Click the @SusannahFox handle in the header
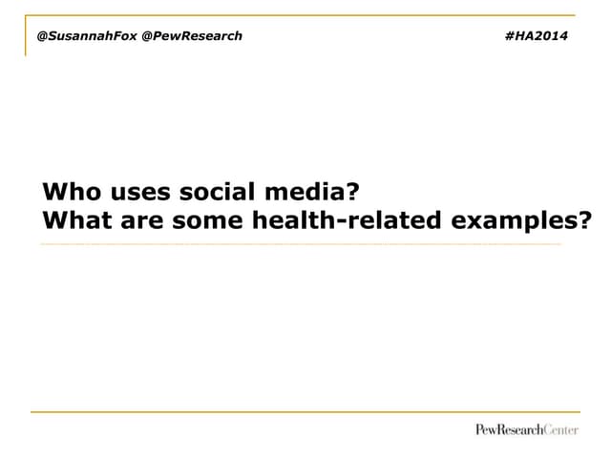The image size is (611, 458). pos(86,35)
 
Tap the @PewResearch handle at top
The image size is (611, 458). pos(192,35)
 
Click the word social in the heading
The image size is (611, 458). pos(221,192)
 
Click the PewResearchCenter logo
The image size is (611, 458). pos(527,429)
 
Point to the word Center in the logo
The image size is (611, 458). pos(560,429)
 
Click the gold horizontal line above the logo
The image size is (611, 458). pos(305,412)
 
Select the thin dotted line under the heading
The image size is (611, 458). pos(301,244)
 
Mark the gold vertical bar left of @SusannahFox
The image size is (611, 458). pos(26,36)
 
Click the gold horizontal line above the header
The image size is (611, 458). pos(301,15)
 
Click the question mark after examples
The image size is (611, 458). pos(584,221)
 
